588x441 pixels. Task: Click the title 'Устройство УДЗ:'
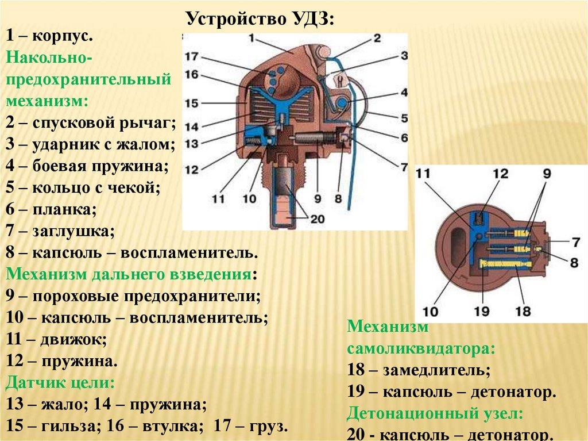tap(260, 18)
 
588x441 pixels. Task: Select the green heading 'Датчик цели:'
tap(60, 382)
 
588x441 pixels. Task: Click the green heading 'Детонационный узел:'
tap(435, 413)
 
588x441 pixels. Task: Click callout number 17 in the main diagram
tap(191, 56)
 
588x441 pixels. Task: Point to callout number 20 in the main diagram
tap(317, 219)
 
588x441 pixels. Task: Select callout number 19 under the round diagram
tap(482, 311)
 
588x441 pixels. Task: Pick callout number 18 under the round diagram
tap(523, 311)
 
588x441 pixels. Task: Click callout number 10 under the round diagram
tap(430, 311)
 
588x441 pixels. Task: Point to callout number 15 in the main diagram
tap(191, 103)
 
